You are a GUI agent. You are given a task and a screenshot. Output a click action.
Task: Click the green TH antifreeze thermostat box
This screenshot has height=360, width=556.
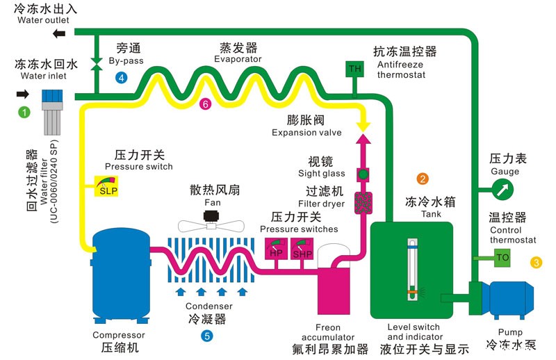(355, 69)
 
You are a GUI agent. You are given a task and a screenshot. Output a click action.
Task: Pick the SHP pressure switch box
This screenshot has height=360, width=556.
(302, 249)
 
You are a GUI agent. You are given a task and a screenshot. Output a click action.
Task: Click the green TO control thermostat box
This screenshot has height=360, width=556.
(503, 258)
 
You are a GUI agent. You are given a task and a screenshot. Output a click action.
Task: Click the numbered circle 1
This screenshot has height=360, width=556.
(25, 112)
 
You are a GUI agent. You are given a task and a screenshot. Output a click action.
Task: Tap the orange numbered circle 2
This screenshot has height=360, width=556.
(422, 179)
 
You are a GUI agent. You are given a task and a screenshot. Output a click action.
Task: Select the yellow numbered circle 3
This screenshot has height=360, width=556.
(536, 263)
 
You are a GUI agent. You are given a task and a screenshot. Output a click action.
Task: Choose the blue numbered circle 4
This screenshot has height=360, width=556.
(122, 78)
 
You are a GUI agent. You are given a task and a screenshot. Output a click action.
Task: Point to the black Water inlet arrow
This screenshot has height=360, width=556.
(22, 94)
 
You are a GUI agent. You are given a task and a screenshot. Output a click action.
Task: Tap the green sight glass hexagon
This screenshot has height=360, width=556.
(362, 173)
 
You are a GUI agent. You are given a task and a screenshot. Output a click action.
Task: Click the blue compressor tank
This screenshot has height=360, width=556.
(123, 275)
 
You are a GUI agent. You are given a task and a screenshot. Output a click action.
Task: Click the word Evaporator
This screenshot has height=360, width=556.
(238, 60)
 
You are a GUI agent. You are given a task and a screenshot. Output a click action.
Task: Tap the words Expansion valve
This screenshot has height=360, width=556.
(306, 133)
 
